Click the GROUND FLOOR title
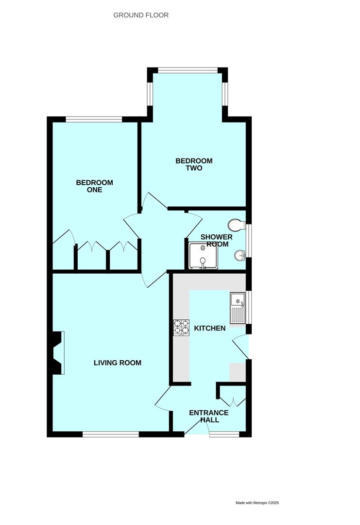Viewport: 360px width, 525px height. point(141,15)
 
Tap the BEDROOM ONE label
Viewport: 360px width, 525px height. point(95,186)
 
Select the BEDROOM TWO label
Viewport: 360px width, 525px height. point(194,164)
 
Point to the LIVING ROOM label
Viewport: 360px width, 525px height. point(118,363)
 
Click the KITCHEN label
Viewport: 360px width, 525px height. point(210,328)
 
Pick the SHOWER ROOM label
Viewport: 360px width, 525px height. point(217,241)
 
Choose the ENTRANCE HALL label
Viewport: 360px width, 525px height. point(209,416)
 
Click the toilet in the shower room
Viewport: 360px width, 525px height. point(237,225)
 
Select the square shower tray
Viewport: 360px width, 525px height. point(203,256)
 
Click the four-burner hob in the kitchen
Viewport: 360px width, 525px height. point(181,328)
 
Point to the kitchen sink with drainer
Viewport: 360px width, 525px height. point(238,308)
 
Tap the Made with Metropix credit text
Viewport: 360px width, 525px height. point(257,503)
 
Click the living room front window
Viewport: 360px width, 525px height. point(111,434)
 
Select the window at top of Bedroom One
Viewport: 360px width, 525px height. point(94,119)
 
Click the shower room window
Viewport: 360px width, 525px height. point(249,241)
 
